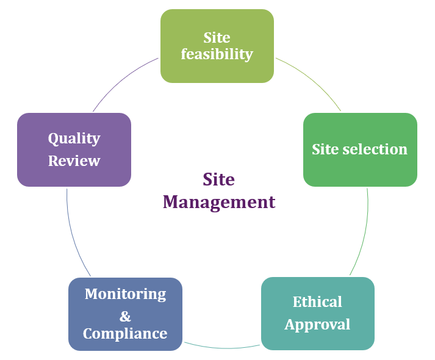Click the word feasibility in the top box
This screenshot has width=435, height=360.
217,54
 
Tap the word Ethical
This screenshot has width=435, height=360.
317,302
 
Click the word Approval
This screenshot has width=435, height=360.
317,325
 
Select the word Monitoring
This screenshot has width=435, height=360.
125,294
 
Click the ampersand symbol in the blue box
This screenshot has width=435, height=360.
125,316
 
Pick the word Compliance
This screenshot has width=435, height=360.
125,334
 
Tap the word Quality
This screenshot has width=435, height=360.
74,139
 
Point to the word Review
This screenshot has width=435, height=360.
74,161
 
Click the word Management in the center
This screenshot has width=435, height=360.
219,202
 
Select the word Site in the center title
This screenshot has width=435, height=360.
218,179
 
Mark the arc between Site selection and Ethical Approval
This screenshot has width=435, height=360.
364,232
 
